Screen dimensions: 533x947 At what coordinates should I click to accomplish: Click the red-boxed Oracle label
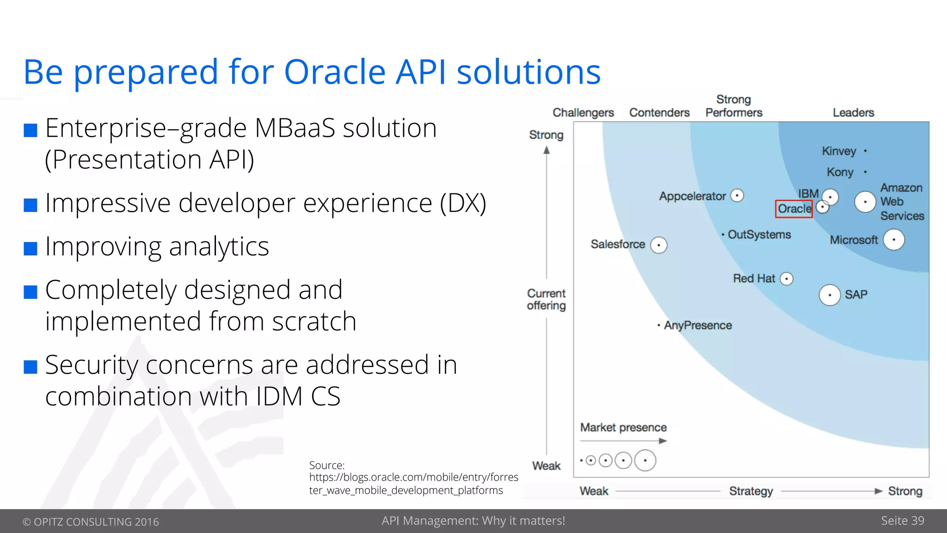[x=794, y=209]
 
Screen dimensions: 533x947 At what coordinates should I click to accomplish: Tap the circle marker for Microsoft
[x=893, y=240]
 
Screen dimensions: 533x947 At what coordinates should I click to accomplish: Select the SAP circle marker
[x=830, y=295]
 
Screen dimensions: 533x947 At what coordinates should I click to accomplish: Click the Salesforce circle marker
[x=658, y=245]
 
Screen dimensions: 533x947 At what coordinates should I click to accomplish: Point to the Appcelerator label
[x=692, y=196]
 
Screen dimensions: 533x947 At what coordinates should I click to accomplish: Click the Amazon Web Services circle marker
[x=865, y=202]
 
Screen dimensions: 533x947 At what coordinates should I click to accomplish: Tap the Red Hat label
[x=754, y=279]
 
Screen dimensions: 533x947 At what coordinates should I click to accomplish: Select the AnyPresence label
[x=698, y=325]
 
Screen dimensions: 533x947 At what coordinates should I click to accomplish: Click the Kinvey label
[x=839, y=151]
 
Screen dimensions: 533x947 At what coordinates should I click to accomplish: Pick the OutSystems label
[x=759, y=235]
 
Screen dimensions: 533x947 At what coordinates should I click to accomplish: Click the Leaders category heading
[x=853, y=112]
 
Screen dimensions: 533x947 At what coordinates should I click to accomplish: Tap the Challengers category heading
[x=583, y=112]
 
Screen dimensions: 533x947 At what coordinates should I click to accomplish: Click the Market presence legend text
[x=623, y=428]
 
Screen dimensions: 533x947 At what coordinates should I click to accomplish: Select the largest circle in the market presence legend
[x=645, y=460]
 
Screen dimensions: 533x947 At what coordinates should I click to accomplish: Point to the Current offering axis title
[x=546, y=299]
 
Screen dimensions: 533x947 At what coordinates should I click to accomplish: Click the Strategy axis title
[x=751, y=491]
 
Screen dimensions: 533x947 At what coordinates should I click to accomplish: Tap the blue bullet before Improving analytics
[x=31, y=248]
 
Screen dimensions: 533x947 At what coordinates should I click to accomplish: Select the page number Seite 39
[x=902, y=521]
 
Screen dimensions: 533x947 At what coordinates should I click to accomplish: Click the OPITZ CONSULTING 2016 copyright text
[x=91, y=521]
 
